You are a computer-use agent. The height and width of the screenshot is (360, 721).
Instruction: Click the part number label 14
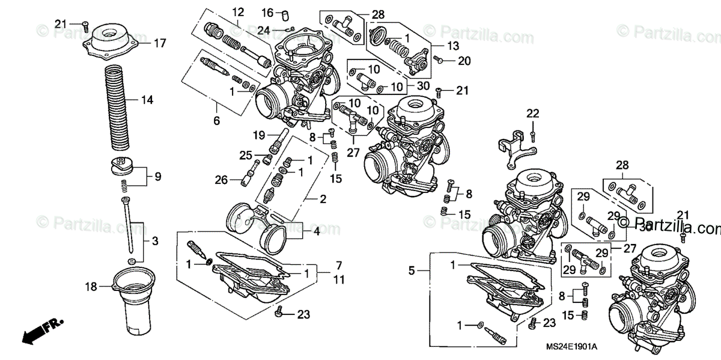pos(147,100)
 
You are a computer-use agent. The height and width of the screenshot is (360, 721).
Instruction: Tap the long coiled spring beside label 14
pos(118,108)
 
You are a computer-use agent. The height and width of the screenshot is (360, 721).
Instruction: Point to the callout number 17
pos(159,43)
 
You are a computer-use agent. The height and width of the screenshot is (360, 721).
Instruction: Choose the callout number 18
pos(91,287)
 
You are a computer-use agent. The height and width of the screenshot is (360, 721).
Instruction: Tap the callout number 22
pos(534,114)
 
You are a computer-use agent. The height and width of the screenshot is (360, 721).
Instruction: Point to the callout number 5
pos(412,271)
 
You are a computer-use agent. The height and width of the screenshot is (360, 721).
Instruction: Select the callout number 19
pos(258,135)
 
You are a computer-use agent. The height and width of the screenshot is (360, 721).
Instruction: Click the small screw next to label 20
pos(438,59)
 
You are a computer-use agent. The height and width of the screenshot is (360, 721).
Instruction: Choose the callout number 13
pos(453,46)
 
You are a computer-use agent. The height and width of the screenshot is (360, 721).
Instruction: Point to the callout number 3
pos(154,242)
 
